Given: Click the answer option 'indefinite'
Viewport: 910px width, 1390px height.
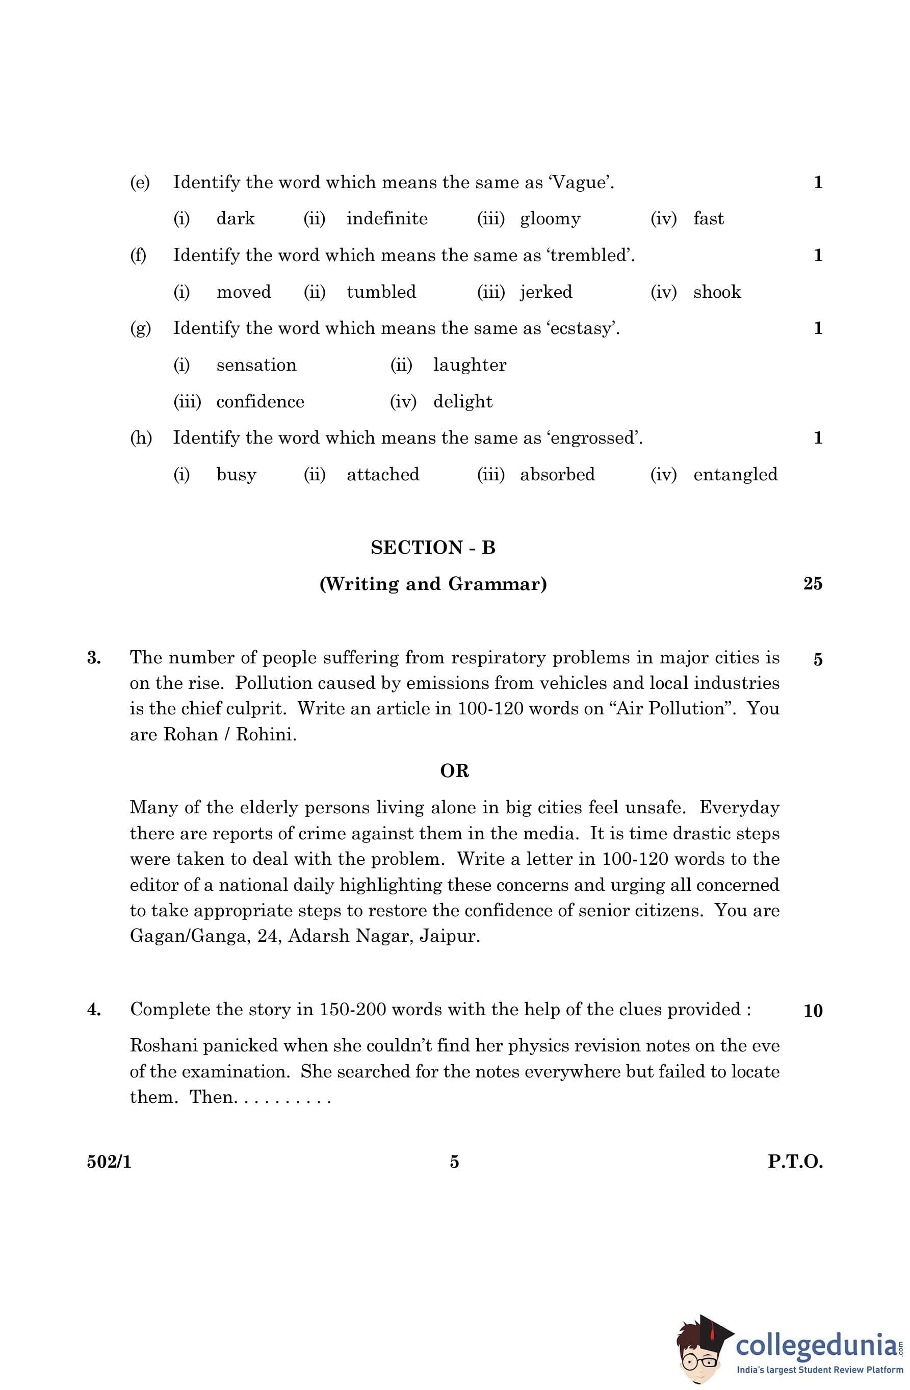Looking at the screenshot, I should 386,219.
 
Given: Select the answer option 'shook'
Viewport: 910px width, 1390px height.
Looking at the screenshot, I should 717,292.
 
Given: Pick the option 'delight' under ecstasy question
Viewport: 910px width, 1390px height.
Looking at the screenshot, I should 462,402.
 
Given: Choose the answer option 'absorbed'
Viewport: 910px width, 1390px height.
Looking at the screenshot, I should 557,474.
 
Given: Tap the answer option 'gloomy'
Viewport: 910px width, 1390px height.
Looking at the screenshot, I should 550,219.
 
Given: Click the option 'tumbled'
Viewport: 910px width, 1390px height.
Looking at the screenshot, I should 381,292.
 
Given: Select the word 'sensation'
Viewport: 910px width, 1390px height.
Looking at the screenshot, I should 256,365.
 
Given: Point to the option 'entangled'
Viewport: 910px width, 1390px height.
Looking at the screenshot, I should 735,474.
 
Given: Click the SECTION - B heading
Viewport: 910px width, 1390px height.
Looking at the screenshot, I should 433,548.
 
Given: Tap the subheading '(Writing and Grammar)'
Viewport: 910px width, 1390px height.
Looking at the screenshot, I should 433,584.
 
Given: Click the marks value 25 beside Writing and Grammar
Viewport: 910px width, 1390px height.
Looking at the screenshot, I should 813,583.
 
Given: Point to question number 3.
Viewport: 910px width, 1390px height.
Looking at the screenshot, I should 94,658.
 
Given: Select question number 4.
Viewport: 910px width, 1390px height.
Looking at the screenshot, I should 94,1010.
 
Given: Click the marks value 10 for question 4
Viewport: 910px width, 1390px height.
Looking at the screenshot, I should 813,1011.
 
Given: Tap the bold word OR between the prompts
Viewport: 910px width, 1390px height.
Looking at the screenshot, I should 454,771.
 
